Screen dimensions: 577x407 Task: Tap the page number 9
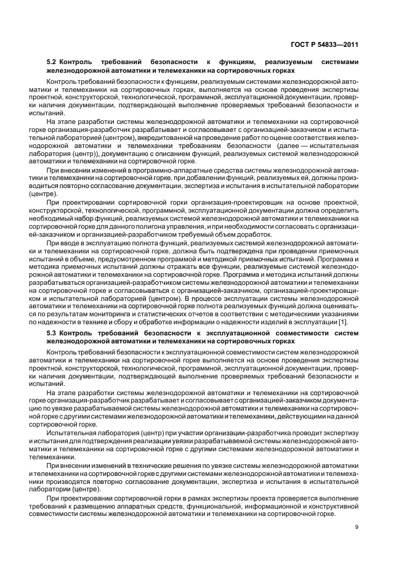pos(357,526)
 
